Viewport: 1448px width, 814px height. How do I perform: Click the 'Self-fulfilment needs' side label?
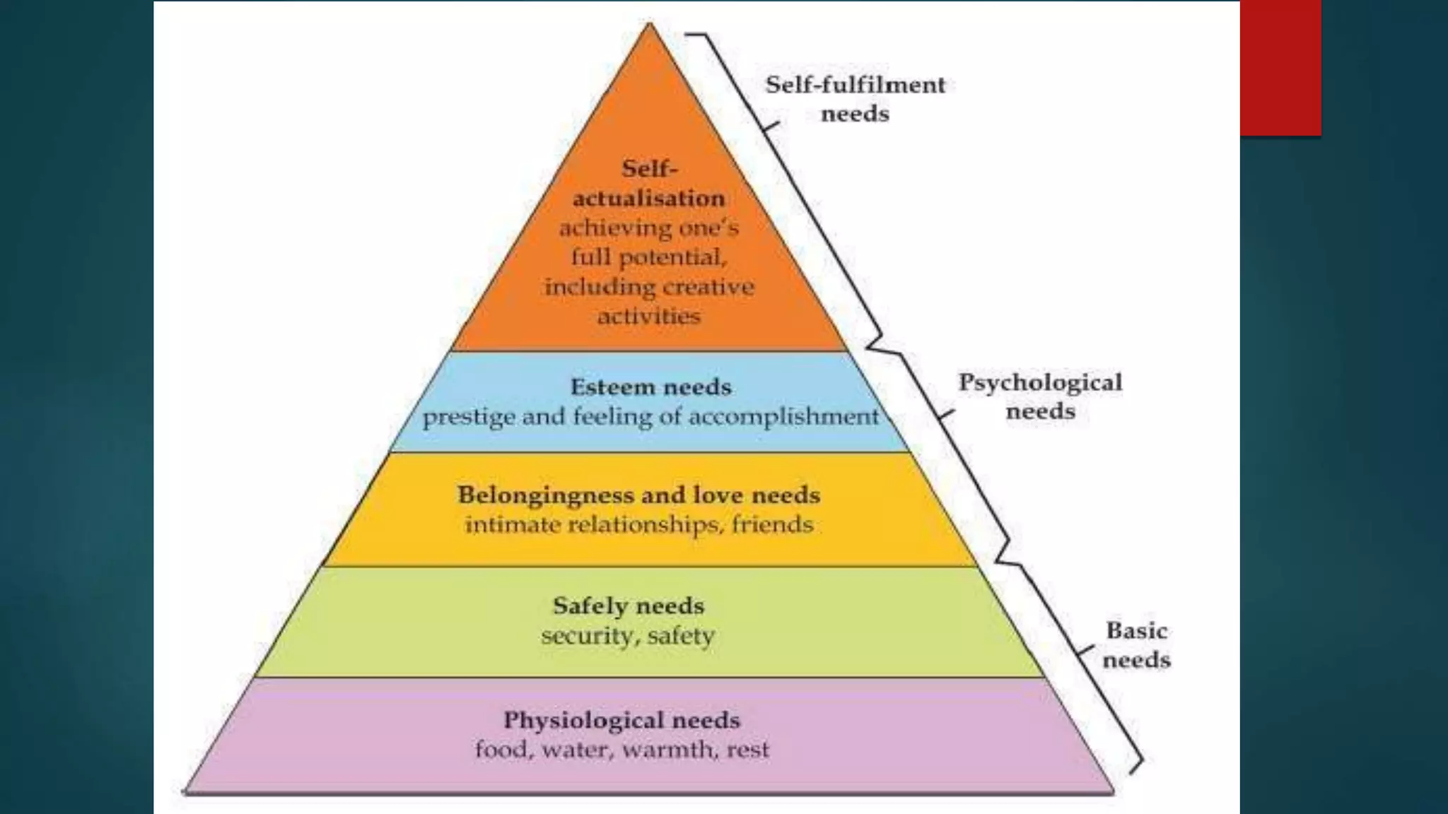pyautogui.click(x=855, y=99)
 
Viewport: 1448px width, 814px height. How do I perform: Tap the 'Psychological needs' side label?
pyautogui.click(x=1040, y=396)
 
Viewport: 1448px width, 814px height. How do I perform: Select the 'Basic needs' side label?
pyautogui.click(x=1136, y=644)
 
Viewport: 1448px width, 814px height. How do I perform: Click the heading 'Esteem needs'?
pyautogui.click(x=650, y=387)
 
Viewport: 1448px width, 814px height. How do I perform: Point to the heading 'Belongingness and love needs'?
pyautogui.click(x=638, y=495)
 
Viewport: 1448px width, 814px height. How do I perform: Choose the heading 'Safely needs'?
pyautogui.click(x=628, y=606)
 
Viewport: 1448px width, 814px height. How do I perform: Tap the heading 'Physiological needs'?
pyautogui.click(x=621, y=720)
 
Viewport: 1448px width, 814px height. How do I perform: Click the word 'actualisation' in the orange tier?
pyautogui.click(x=648, y=199)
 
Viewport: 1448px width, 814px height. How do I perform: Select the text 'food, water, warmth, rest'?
pyautogui.click(x=621, y=749)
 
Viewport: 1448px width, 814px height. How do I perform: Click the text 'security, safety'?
pyautogui.click(x=628, y=635)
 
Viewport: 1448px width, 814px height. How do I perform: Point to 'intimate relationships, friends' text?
pyautogui.click(x=638, y=524)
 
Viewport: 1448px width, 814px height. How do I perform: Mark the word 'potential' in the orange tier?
pyautogui.click(x=672, y=257)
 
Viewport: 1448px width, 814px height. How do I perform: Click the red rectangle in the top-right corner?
pyautogui.click(x=1280, y=67)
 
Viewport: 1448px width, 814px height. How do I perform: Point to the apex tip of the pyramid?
pyautogui.click(x=649, y=25)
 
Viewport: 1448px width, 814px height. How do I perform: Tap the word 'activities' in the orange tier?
pyautogui.click(x=648, y=316)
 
